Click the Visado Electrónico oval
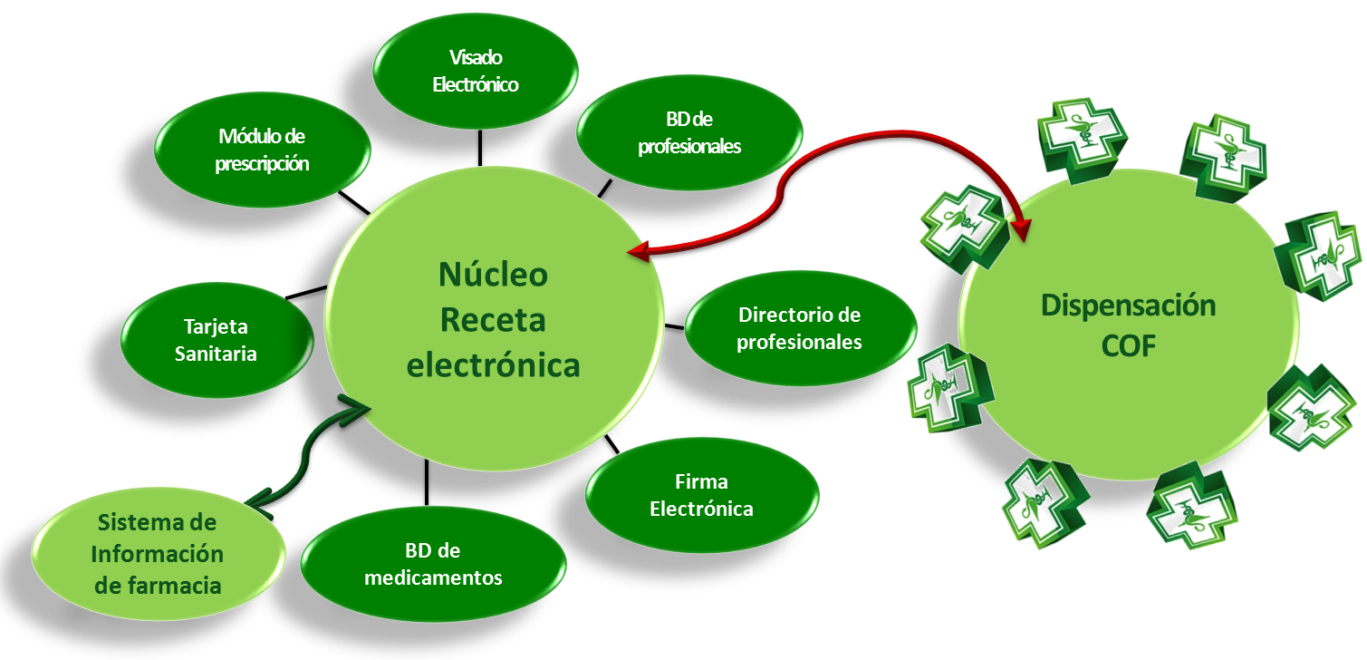476,72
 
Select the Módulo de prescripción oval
262,150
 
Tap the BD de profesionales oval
689,132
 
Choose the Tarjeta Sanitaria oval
217,340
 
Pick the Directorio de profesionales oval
800,329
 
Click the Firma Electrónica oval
701,495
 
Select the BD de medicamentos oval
433,565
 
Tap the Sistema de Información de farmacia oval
159,555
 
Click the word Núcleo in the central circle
493,274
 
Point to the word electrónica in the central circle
493,365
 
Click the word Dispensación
1128,306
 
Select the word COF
1129,346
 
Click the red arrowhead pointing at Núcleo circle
638,252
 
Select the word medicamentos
433,577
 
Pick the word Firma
701,481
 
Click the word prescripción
262,164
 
